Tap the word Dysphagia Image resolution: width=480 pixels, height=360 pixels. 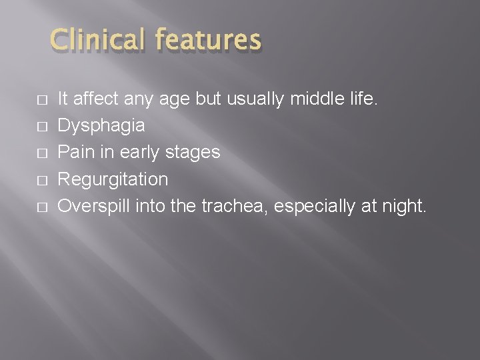pos(101,126)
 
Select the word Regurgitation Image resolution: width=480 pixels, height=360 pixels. pos(113,180)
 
